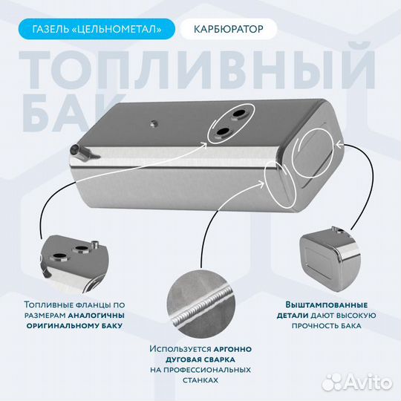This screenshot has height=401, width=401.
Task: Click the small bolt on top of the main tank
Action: (154, 123)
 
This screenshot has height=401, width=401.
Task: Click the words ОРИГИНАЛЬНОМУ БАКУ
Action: (74, 325)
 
